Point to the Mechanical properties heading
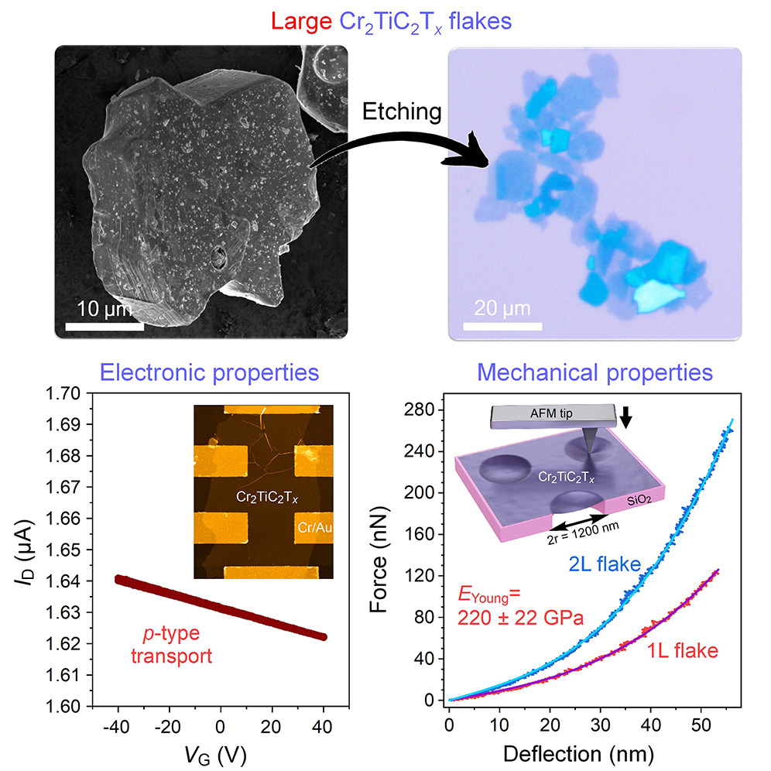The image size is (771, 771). tap(595, 372)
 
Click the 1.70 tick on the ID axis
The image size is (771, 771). tap(61, 392)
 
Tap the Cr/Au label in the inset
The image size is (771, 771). tap(313, 528)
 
